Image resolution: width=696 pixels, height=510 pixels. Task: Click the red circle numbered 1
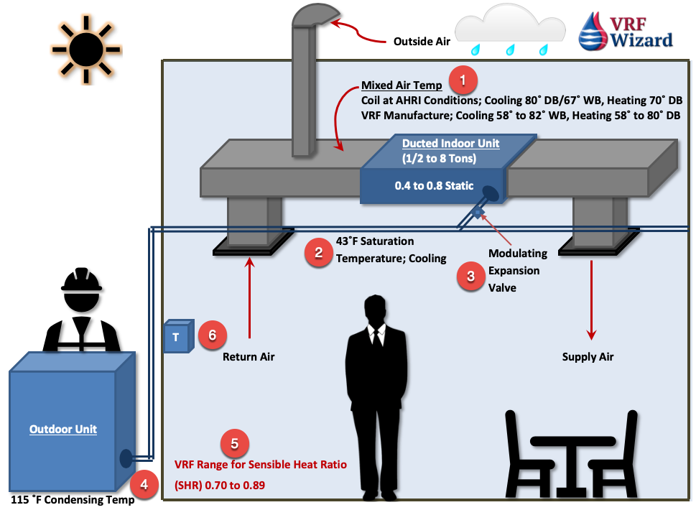(463, 80)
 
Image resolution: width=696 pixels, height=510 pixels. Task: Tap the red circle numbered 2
(319, 253)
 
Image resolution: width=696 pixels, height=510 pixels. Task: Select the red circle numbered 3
(471, 276)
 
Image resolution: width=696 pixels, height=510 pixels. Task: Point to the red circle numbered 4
(144, 484)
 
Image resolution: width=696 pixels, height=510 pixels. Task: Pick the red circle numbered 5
(235, 443)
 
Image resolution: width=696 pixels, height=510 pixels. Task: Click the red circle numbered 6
(212, 335)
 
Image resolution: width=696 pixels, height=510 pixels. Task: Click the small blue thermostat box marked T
(179, 336)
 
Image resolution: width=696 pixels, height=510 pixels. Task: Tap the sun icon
(86, 50)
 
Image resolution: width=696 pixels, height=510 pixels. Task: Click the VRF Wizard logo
(626, 31)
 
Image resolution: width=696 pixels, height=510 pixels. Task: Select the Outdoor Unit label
(63, 430)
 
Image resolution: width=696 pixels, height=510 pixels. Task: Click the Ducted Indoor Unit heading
(450, 144)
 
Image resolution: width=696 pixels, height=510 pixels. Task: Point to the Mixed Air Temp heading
(402, 85)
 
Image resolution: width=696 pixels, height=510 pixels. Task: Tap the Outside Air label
(422, 42)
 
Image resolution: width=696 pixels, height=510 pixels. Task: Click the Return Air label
(249, 357)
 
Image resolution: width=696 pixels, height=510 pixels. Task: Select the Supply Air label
(588, 357)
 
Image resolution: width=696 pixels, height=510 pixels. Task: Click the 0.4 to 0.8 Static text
(434, 185)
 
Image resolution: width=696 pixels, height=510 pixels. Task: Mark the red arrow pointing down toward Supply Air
(591, 300)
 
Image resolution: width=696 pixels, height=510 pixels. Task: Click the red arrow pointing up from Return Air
(250, 298)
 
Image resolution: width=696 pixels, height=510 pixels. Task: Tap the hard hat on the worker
(81, 279)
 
